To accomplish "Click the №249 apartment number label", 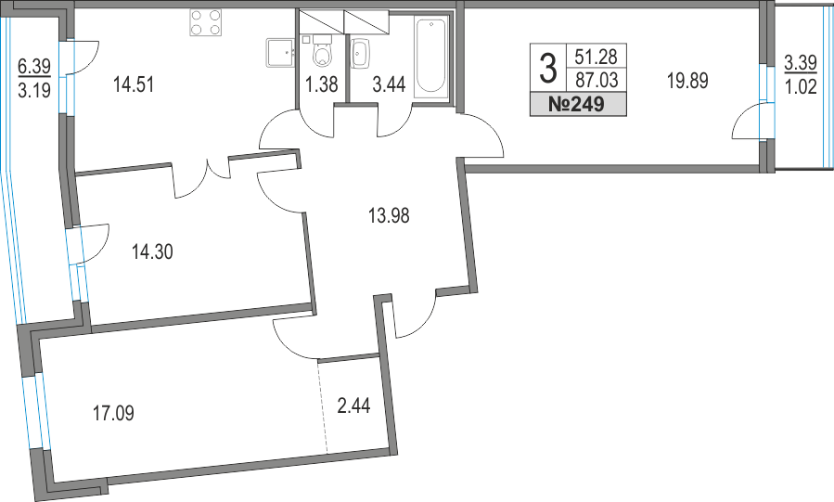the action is (578, 104).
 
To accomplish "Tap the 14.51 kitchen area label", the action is (134, 84).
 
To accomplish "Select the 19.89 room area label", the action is (687, 82).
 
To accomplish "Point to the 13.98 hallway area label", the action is (389, 216).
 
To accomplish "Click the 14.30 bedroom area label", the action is (152, 251).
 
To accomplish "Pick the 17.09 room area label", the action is (113, 413).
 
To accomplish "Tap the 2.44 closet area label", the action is (353, 406).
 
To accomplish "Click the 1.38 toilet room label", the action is (322, 84).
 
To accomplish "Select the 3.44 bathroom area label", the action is (389, 84).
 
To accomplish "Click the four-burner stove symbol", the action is (205, 23).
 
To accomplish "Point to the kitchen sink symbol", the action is (280, 52).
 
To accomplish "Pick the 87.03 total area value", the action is (597, 81).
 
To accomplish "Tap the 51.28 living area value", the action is (597, 57).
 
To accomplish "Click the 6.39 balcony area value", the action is (34, 66).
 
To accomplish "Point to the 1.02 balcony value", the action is (801, 86).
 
